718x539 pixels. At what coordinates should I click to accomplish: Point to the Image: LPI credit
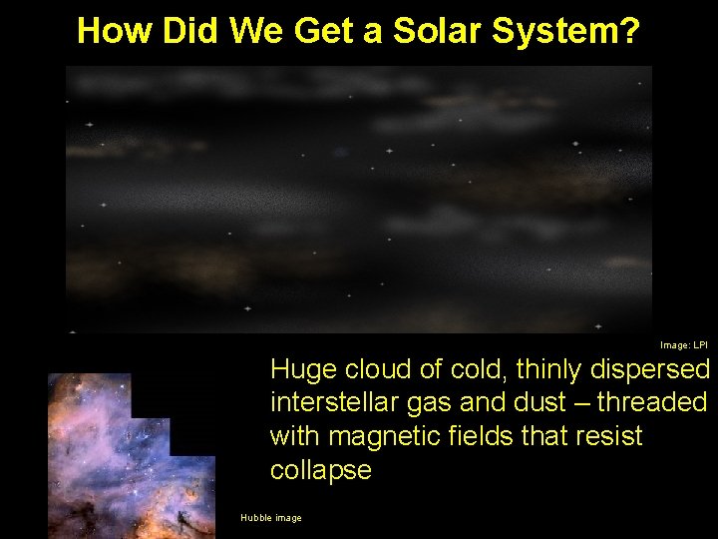click(x=683, y=345)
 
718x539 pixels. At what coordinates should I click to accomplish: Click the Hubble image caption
click(x=270, y=517)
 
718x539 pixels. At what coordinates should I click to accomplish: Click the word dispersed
click(x=649, y=370)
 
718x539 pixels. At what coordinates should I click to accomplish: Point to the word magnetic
click(x=383, y=437)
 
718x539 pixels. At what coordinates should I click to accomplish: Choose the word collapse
click(x=320, y=471)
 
